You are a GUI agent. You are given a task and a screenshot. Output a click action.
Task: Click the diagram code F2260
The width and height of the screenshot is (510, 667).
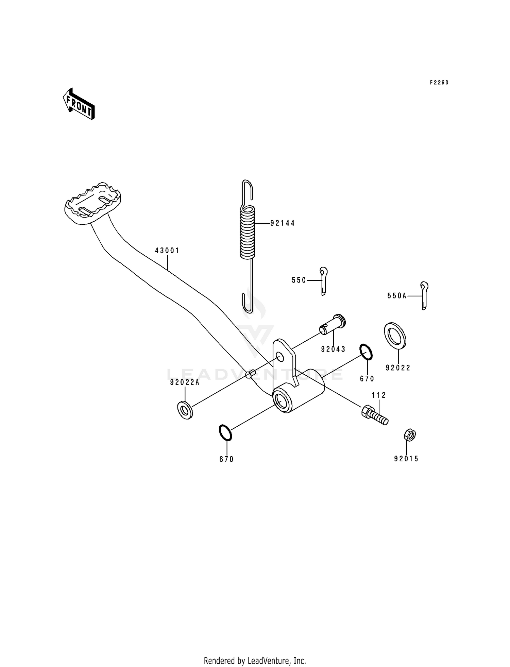point(439,83)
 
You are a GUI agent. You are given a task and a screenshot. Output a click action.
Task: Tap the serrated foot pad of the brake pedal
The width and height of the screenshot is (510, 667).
point(92,203)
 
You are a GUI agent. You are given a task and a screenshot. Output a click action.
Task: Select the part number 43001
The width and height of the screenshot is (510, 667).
point(167,251)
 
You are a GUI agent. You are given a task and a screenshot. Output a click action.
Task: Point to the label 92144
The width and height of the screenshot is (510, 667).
point(283,223)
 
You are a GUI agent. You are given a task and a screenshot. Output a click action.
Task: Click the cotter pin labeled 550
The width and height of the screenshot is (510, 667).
point(323,281)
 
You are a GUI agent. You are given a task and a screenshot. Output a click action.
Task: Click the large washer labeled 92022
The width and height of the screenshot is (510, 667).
point(395,336)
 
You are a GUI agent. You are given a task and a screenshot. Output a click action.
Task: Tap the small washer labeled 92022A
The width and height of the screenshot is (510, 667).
point(185,410)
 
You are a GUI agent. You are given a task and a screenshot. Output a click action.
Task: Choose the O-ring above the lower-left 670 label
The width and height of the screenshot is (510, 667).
point(225,433)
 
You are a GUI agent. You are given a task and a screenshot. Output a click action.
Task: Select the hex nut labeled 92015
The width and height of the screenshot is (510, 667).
point(410,435)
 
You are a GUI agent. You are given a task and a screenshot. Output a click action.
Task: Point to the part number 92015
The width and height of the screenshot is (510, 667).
point(406,459)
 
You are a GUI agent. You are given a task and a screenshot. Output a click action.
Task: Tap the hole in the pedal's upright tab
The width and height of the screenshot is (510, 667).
point(279,357)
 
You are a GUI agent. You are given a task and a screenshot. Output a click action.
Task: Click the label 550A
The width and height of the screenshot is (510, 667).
point(397,296)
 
